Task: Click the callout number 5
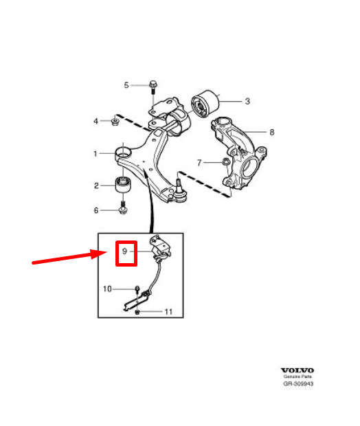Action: [126, 85]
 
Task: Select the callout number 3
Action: [247, 101]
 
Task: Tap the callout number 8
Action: [271, 132]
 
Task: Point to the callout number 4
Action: [95, 121]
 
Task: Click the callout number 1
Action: [95, 153]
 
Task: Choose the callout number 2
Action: [96, 186]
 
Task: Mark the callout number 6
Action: [96, 210]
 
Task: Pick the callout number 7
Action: [199, 163]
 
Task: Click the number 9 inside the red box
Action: [125, 251]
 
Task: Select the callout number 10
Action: [107, 289]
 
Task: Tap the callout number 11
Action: [168, 311]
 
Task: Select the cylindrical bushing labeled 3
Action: [205, 104]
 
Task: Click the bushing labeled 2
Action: [123, 184]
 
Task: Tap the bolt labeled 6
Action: [123, 208]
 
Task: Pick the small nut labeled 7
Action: [226, 161]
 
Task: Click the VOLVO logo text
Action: [297, 370]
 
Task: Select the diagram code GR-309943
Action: [298, 383]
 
